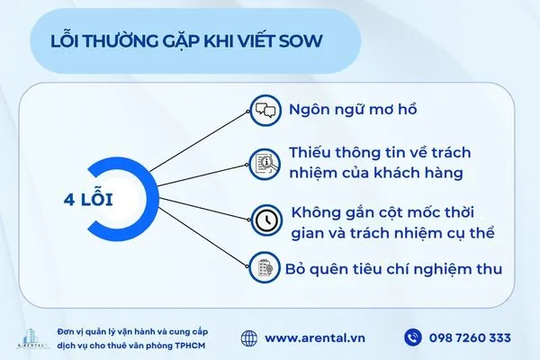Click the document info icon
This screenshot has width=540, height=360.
264,163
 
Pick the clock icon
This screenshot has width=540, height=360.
264,218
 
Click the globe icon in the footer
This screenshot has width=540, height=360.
249,338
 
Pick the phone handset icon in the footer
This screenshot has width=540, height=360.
413,338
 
